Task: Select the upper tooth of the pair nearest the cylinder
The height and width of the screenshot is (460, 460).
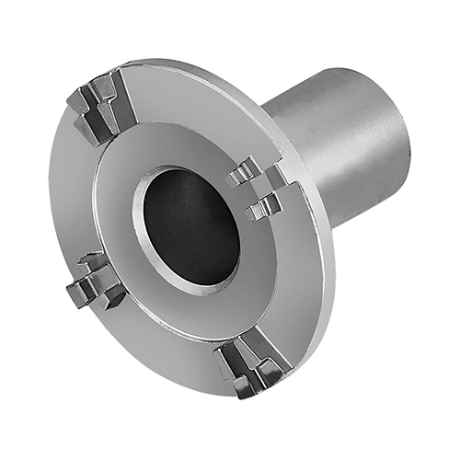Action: (x=247, y=171)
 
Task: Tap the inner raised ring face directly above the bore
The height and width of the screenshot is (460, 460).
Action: (x=184, y=147)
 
